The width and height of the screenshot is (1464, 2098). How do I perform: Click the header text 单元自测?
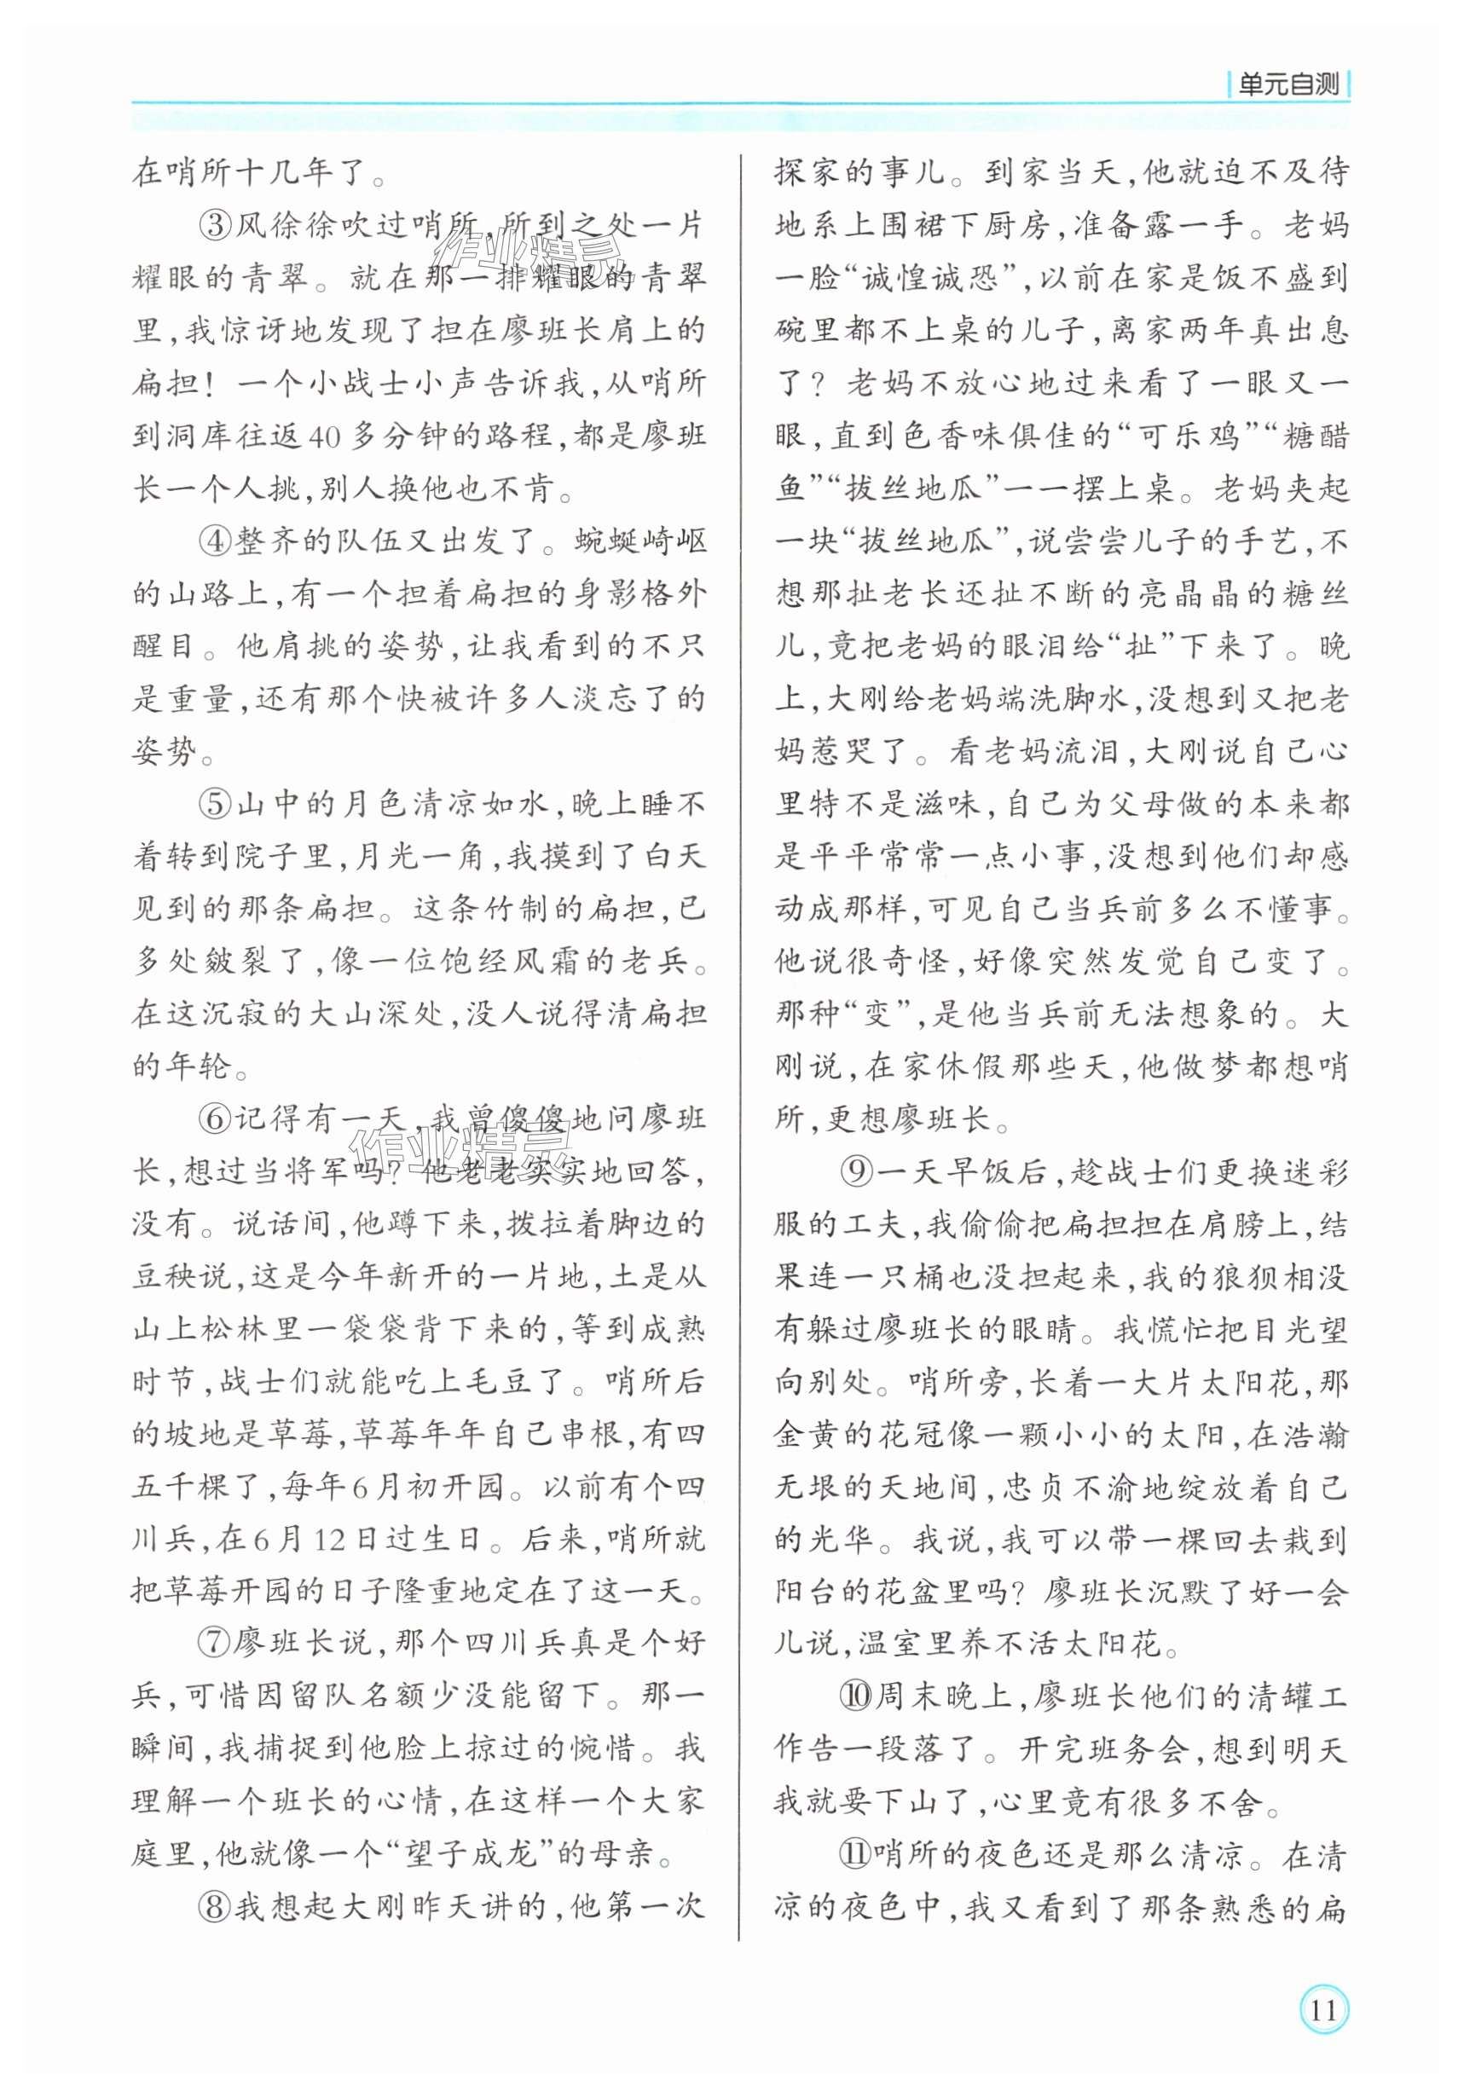[1288, 86]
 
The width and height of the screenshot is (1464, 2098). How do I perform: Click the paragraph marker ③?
[216, 225]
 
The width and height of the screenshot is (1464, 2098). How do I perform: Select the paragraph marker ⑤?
[216, 803]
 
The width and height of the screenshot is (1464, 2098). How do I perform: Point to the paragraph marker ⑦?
[216, 1642]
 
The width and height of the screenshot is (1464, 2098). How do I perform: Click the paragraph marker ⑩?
[857, 1696]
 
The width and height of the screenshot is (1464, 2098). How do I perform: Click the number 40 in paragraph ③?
[326, 436]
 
